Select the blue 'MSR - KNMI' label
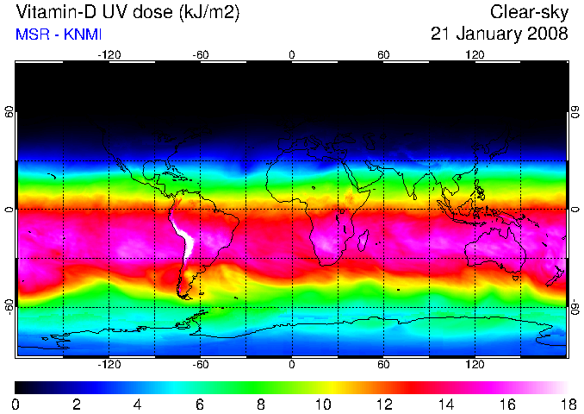54,34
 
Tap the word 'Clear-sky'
530,13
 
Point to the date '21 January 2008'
500,34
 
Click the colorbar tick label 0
16,404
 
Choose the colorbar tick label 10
322,404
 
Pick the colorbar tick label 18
567,404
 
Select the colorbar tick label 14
444,404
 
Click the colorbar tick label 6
199,404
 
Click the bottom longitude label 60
383,364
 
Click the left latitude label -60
9,306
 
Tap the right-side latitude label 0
575,210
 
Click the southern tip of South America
183,296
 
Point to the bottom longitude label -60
200,364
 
